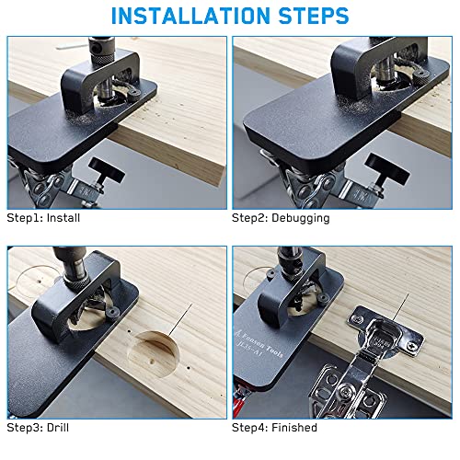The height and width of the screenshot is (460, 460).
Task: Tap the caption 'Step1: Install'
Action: [41, 219]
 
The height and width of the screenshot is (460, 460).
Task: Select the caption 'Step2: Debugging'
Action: [278, 219]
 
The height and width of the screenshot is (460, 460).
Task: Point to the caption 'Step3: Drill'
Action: [37, 428]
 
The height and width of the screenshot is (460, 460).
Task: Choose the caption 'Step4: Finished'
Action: [274, 428]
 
